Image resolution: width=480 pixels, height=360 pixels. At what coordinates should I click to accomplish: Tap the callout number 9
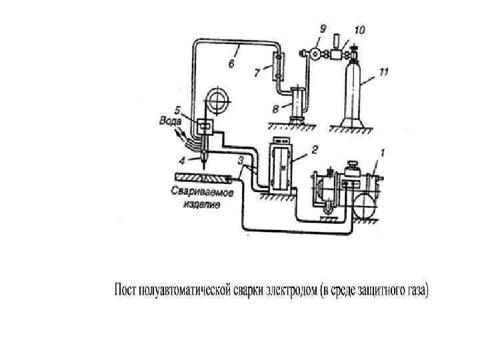[x=323, y=29]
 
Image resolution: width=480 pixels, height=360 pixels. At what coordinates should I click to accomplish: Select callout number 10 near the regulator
[x=360, y=31]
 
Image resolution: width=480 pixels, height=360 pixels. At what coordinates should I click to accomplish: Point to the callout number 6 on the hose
[x=231, y=64]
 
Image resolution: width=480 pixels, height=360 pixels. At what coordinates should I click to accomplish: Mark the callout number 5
[x=177, y=109]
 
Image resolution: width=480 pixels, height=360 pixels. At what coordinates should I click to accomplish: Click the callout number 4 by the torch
[x=182, y=159]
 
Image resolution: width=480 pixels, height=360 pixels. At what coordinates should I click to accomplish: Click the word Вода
[x=170, y=121]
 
